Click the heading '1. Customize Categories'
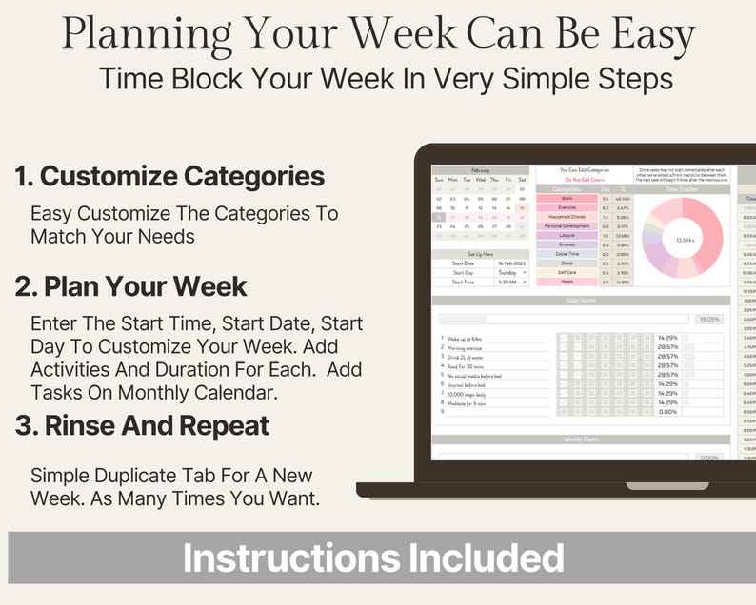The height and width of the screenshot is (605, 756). click(169, 176)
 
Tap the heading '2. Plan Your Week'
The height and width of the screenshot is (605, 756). click(130, 286)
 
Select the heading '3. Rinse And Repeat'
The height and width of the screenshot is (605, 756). click(143, 425)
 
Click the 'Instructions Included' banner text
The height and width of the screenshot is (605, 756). click(373, 557)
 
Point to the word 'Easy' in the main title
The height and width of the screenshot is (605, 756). click(647, 35)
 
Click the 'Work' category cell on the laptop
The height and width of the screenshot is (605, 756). click(567, 198)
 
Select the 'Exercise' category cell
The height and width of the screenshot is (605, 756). click(567, 207)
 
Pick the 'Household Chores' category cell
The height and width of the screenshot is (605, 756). click(567, 217)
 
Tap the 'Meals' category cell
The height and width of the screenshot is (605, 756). click(567, 282)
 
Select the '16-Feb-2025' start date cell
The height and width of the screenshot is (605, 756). click(511, 263)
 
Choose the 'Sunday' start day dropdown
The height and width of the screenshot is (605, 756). click(511, 272)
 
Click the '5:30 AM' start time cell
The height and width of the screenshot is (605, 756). click(511, 282)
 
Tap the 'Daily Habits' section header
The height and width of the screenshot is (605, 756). click(581, 301)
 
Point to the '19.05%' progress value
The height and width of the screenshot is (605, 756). click(708, 320)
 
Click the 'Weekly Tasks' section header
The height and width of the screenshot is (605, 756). click(581, 439)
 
